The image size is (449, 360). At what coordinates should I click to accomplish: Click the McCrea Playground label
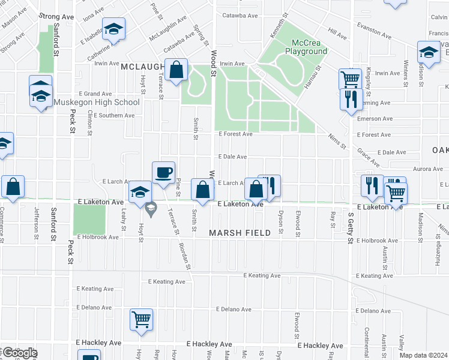tap(310, 47)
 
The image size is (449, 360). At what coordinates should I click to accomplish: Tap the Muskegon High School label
tap(97, 102)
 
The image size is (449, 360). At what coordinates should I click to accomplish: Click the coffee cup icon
tap(163, 173)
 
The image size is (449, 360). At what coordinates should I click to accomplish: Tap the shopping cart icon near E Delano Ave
tap(141, 319)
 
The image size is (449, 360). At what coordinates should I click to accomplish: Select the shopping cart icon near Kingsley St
tap(349, 79)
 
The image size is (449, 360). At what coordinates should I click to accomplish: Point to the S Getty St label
tap(350, 228)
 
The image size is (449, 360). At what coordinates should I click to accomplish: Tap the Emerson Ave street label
tap(374, 119)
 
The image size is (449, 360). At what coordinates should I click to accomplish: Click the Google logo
tap(19, 353)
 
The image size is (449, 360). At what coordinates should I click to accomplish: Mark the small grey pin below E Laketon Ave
tap(150, 208)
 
